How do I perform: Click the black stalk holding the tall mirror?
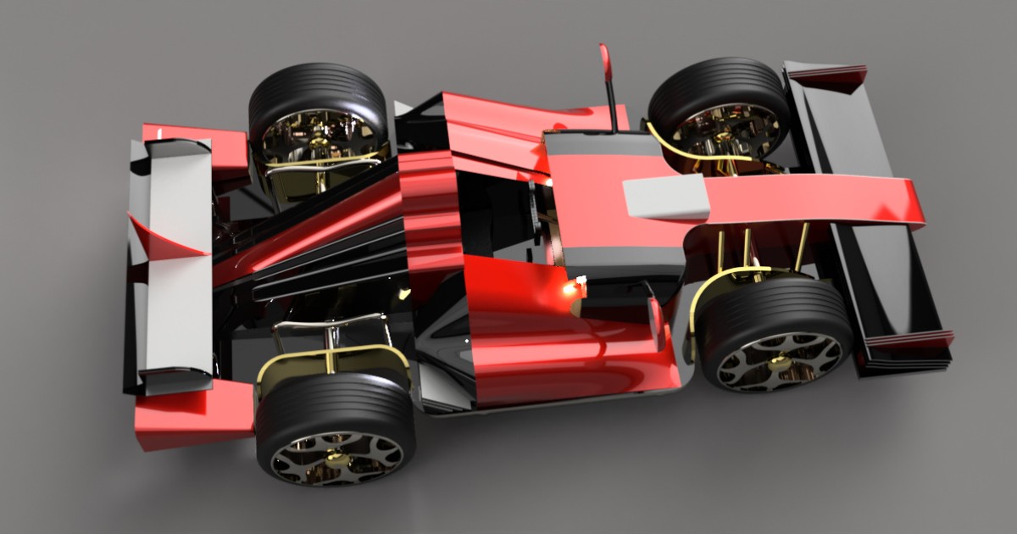[609, 106]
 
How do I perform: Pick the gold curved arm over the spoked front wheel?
[720, 284]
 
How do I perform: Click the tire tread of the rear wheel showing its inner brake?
[318, 93]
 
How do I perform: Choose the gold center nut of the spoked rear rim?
[336, 459]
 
